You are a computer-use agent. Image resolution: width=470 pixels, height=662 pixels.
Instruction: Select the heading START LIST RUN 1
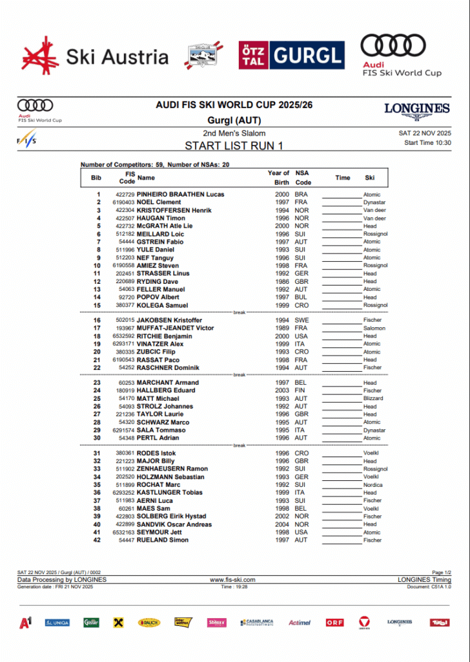point(234,145)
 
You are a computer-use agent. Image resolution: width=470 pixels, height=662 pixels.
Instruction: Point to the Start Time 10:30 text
point(427,143)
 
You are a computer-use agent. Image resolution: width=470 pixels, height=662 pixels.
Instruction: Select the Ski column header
point(369,178)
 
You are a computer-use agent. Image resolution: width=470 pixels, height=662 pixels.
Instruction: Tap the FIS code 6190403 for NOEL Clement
point(123,202)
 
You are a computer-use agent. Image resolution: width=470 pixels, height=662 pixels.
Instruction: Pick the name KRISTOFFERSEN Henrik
point(174,210)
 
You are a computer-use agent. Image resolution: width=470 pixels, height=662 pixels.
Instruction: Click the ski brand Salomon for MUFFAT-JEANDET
point(374,328)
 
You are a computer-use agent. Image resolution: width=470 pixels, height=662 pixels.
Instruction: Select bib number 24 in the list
point(97,390)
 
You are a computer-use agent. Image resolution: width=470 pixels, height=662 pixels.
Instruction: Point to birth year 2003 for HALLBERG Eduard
point(281,390)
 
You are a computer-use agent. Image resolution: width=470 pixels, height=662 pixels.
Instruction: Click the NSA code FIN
point(300,390)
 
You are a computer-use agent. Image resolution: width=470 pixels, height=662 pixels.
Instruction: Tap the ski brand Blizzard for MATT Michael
point(373,399)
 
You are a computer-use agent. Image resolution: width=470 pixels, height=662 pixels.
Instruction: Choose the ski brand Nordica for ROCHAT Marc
point(373,485)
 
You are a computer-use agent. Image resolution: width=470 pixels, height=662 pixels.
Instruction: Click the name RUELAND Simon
point(163,540)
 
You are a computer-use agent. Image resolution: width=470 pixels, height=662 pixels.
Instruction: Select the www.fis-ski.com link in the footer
point(233,580)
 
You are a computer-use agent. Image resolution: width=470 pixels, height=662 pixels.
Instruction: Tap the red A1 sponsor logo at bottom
point(26,623)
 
